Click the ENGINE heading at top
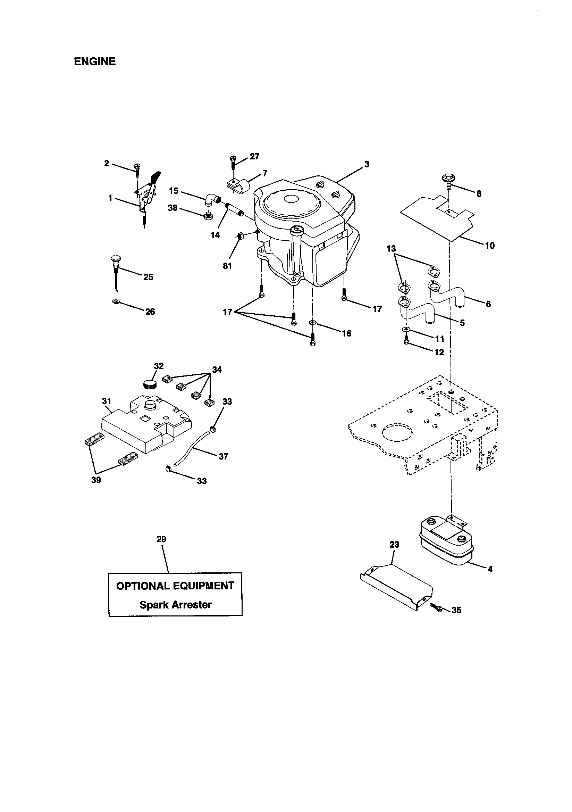pos(95,62)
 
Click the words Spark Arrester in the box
pos(175,604)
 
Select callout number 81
pos(227,266)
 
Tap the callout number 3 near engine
pos(367,164)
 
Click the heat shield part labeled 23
pos(396,587)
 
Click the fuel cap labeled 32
pos(150,384)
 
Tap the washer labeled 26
pos(115,301)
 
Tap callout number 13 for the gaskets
pos(392,249)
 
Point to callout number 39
pos(96,480)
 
